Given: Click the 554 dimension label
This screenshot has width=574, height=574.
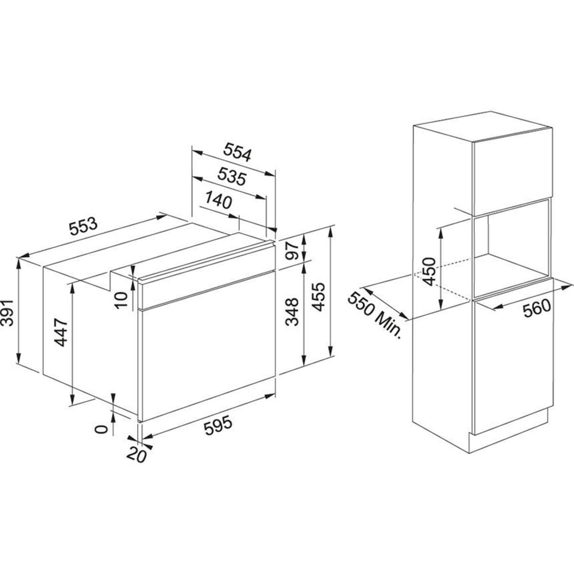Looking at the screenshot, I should coord(237,154).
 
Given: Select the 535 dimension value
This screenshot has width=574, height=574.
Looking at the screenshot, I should coord(232,177).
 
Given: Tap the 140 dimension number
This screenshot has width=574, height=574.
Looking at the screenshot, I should coord(219,200).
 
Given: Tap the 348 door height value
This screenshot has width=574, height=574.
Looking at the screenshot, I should coord(291,312).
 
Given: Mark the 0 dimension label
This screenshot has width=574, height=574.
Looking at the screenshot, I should coord(100,429).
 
